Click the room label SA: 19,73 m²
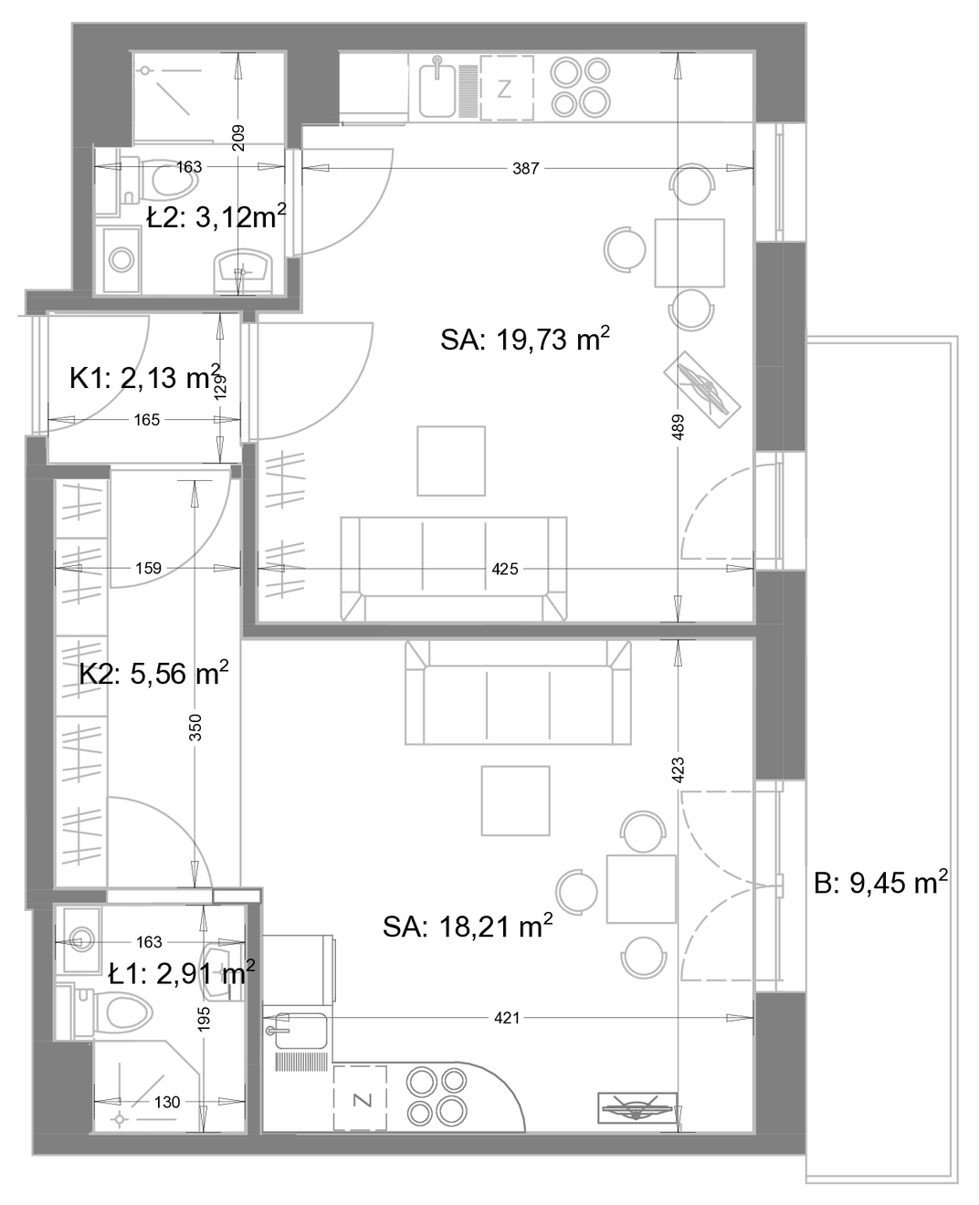click(525, 340)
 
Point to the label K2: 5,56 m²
click(154, 673)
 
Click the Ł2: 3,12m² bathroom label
click(216, 216)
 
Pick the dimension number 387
click(526, 168)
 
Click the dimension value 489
click(679, 426)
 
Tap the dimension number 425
click(505, 569)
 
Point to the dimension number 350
click(195, 728)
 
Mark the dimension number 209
click(238, 138)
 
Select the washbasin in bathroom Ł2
click(243, 273)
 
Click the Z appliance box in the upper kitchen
click(507, 88)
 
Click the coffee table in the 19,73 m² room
click(451, 461)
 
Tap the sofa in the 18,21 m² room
click(518, 693)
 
